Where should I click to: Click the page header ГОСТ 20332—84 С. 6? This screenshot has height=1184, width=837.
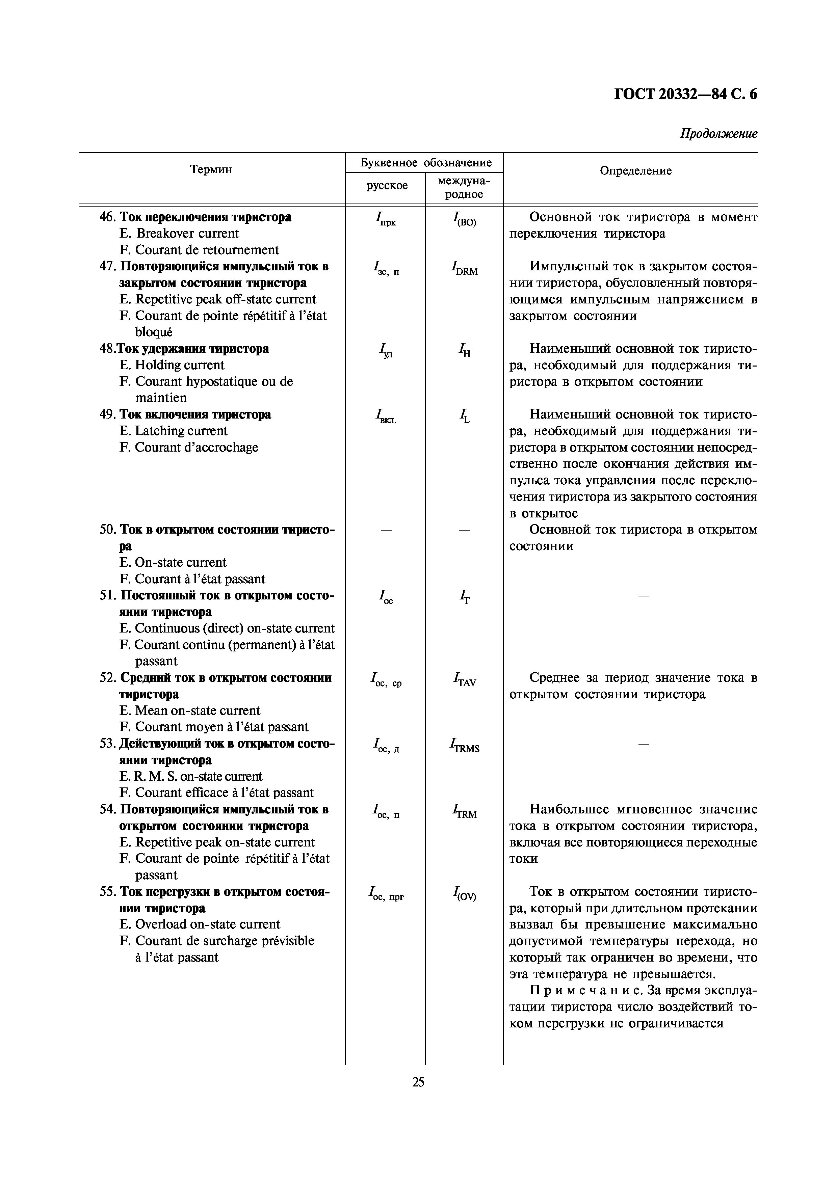click(x=685, y=95)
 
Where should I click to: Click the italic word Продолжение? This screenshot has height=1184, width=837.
click(x=718, y=134)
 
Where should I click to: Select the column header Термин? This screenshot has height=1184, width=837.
click(x=211, y=170)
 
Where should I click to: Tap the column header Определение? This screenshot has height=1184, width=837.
click(x=635, y=171)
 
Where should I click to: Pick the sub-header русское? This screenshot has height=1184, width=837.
click(x=387, y=186)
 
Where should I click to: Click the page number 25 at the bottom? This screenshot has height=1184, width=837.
click(x=418, y=1082)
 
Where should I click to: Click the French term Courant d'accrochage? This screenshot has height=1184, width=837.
click(x=195, y=448)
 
